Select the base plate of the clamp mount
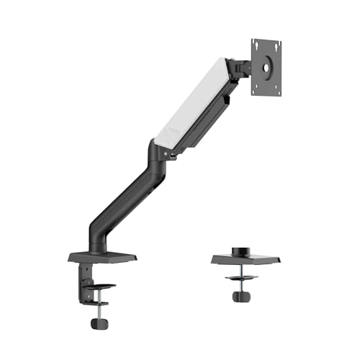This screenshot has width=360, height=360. [102, 257]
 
